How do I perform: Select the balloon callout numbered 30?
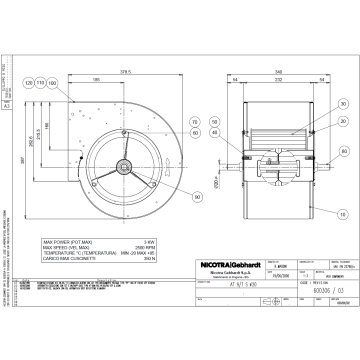[x=342, y=103]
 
